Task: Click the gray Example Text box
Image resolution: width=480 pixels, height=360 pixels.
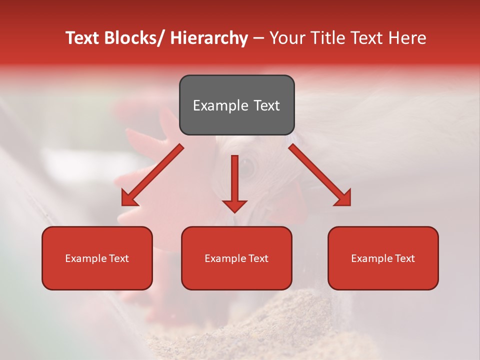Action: tap(236, 105)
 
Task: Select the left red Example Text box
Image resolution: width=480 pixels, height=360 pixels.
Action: tap(97, 258)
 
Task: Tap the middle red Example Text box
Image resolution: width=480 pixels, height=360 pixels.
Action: tap(236, 258)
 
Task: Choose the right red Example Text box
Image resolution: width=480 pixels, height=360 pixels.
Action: tap(383, 258)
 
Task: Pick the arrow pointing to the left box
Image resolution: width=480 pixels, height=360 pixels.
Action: tap(152, 175)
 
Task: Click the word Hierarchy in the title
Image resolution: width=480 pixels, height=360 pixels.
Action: tap(209, 38)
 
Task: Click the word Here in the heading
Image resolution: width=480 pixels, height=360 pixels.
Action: tap(407, 38)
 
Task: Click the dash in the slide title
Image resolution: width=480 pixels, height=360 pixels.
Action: tap(258, 38)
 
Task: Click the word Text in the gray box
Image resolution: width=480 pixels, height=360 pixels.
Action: tap(265, 105)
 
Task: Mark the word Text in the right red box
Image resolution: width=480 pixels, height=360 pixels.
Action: tap(404, 258)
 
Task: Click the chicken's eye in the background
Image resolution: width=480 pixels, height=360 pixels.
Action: tap(248, 165)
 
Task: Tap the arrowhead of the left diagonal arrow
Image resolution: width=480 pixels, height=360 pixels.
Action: tap(129, 198)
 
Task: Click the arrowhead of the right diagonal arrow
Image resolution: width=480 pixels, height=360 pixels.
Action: tap(343, 198)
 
